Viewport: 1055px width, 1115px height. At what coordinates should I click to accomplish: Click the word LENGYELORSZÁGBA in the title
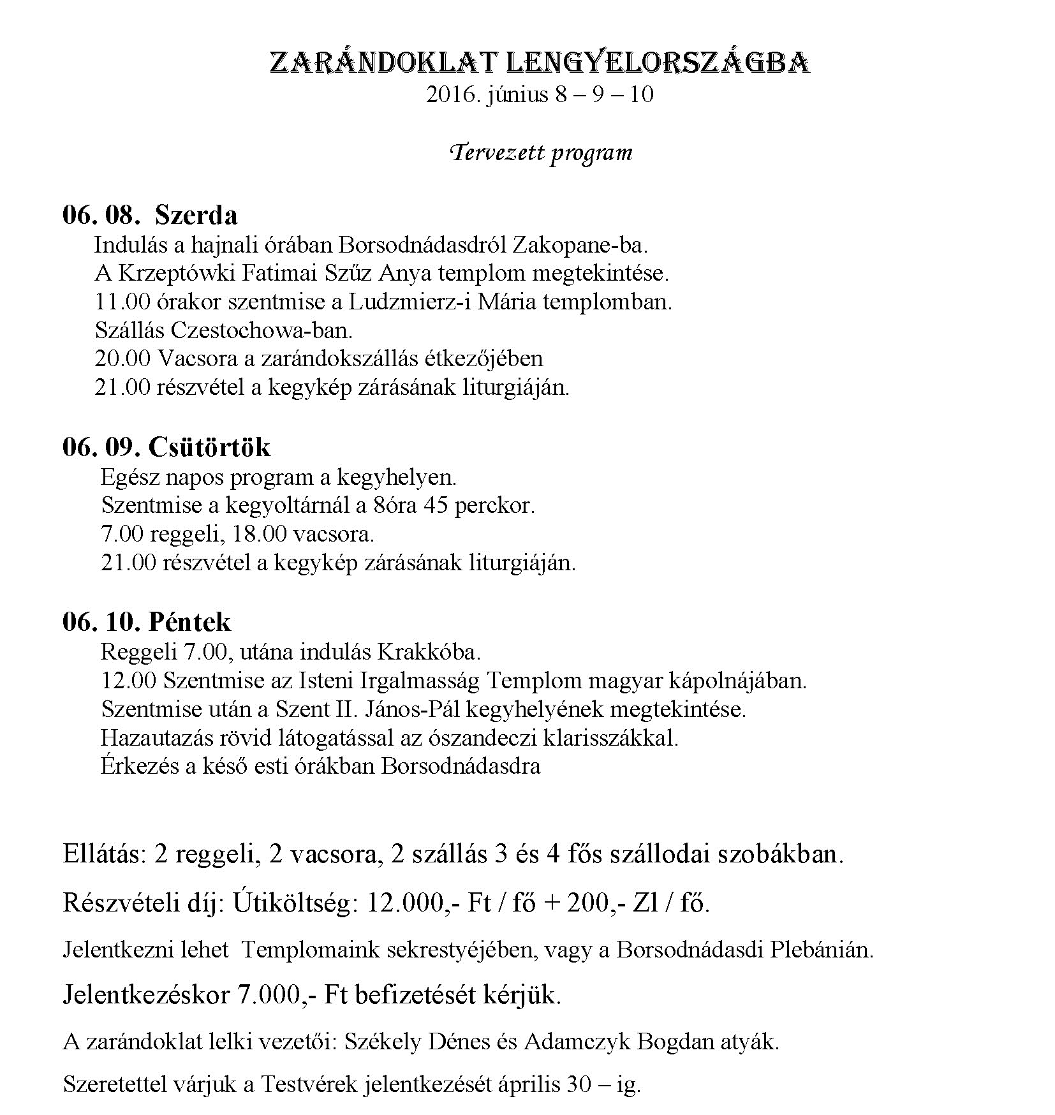[658, 63]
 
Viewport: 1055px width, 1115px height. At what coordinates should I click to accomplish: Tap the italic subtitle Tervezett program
[541, 153]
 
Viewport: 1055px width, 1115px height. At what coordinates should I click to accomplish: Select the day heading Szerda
[196, 215]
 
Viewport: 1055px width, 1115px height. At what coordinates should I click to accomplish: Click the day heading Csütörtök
[209, 447]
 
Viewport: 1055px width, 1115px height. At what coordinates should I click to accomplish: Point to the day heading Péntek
[189, 622]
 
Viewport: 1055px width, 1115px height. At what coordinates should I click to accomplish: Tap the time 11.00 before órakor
[122, 301]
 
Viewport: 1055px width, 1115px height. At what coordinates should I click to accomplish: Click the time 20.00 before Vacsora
[122, 358]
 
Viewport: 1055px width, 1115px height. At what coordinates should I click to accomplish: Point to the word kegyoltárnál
[285, 506]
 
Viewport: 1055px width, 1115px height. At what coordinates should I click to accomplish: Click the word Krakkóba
[429, 653]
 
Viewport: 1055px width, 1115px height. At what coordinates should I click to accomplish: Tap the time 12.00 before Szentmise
[128, 681]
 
